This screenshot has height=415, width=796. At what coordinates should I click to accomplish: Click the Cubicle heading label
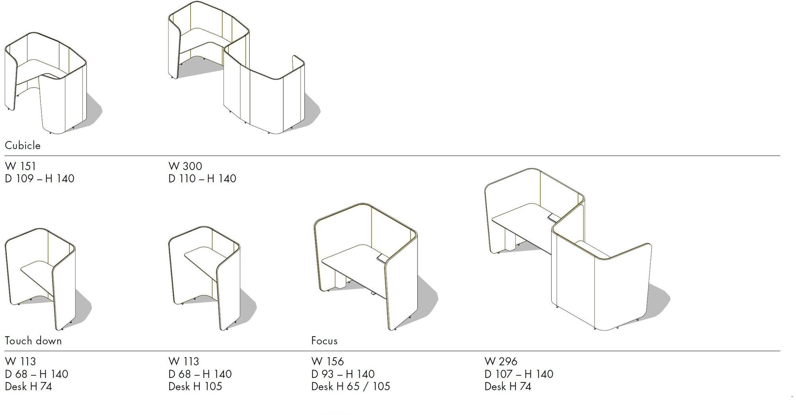tap(23, 145)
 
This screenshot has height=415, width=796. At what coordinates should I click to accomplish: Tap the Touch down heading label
tap(33, 341)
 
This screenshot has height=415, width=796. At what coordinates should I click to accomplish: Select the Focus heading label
tap(324, 341)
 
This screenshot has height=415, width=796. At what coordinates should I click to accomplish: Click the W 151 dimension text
tap(20, 166)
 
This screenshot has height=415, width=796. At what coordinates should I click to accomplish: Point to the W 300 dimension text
tap(185, 166)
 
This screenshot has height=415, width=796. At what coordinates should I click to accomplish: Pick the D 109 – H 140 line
tap(39, 178)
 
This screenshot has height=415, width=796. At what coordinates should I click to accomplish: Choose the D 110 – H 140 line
tap(202, 178)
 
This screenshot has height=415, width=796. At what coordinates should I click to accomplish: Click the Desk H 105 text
tap(195, 386)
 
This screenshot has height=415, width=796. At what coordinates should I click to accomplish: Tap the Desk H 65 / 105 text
tap(351, 386)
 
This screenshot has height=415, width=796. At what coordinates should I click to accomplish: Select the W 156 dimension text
tap(328, 361)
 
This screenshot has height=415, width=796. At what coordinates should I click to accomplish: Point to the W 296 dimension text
tap(501, 361)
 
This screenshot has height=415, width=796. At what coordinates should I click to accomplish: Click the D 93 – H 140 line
tap(343, 374)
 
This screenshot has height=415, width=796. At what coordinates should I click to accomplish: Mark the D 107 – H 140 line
tap(519, 374)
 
